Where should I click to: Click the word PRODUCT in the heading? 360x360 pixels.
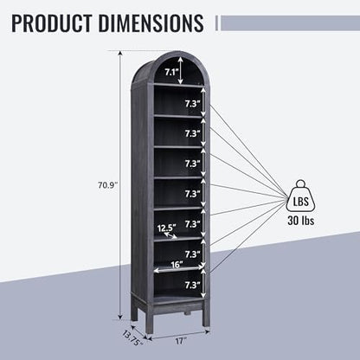click(52, 23)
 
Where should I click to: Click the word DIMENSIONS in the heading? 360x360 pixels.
click(151, 23)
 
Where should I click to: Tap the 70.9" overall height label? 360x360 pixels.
click(108, 185)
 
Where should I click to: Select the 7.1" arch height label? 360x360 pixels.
click(172, 72)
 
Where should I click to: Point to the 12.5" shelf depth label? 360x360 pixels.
click(167, 228)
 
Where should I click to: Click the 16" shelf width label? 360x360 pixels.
click(177, 265)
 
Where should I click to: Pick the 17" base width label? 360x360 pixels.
click(179, 341)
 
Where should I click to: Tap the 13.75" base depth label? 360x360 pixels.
click(132, 338)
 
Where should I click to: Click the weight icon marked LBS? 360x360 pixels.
click(300, 196)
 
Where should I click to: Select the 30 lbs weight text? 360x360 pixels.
click(300, 221)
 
